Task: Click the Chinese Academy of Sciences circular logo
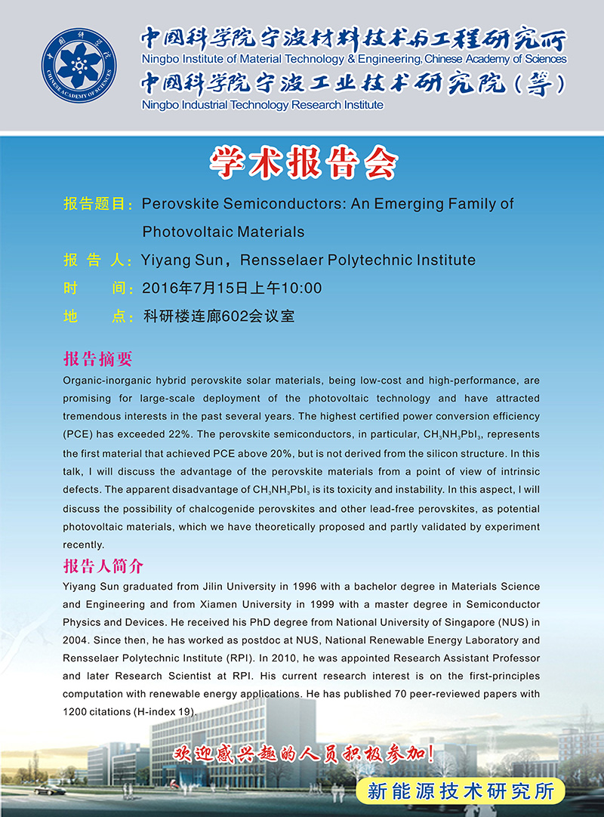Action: [79, 68]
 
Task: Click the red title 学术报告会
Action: [302, 163]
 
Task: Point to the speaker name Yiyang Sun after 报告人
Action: [181, 261]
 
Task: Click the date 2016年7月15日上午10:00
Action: [233, 288]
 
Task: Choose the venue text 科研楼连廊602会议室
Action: [219, 316]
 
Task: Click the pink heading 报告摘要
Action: [99, 358]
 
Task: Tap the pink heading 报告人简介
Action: [103, 566]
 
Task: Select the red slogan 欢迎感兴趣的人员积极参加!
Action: [304, 753]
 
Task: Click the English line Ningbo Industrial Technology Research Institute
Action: [263, 105]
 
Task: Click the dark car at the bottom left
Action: [50, 790]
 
